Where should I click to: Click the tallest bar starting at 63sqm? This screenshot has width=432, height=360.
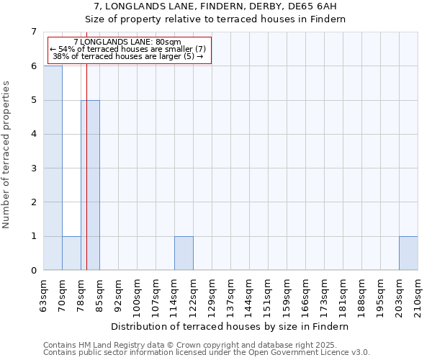pyautogui.click(x=53, y=168)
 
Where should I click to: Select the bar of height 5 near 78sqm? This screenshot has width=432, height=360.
pyautogui.click(x=90, y=185)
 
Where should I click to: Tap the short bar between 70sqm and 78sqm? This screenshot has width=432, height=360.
pyautogui.click(x=71, y=253)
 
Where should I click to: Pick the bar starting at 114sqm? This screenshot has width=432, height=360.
pyautogui.click(x=184, y=253)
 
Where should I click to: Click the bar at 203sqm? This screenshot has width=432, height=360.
pyautogui.click(x=408, y=253)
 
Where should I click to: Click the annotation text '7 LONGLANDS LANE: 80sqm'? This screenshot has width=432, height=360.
pyautogui.click(x=127, y=42)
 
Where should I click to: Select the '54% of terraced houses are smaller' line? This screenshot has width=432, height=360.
pyautogui.click(x=127, y=49)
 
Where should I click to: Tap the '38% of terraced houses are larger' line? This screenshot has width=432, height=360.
pyautogui.click(x=127, y=55)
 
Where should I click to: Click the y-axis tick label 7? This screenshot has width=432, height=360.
pyautogui.click(x=33, y=32)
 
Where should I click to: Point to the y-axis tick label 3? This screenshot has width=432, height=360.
pyautogui.click(x=33, y=168)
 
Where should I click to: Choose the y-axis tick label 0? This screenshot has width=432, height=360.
pyautogui.click(x=33, y=271)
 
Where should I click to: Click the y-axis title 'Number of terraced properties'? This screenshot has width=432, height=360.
pyautogui.click(x=7, y=155)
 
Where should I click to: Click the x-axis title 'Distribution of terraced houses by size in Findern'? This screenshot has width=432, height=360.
pyautogui.click(x=230, y=326)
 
